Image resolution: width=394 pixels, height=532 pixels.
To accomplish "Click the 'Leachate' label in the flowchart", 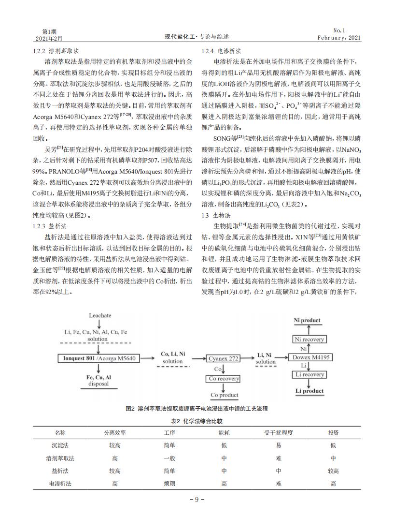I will coord(100,315).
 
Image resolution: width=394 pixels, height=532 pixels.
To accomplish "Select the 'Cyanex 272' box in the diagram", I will coord(224,358).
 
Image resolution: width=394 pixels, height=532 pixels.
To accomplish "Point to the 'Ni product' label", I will coord(307,320).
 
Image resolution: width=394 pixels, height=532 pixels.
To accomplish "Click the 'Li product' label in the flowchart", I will coord(310,391).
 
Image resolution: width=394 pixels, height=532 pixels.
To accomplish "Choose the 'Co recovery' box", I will coord(224,379).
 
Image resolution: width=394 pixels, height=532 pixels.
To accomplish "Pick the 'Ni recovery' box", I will coord(310,340).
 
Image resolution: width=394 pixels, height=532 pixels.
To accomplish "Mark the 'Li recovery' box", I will coord(310,375).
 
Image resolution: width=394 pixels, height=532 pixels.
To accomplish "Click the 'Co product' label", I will coord(224,395).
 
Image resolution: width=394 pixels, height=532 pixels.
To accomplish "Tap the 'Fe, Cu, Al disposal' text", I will coord(98,381).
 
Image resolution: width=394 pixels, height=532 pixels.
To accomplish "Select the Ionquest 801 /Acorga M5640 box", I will coord(99,358).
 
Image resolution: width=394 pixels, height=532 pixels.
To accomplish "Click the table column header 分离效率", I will coord(114,432).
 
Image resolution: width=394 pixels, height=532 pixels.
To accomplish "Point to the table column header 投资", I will coord(333,432).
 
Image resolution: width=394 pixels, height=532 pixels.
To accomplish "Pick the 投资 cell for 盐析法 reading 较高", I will coord(333,471).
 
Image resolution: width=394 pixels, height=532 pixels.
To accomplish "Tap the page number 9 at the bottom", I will coord(197,500).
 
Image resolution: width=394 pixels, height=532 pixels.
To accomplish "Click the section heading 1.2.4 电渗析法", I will coord(222,51).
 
